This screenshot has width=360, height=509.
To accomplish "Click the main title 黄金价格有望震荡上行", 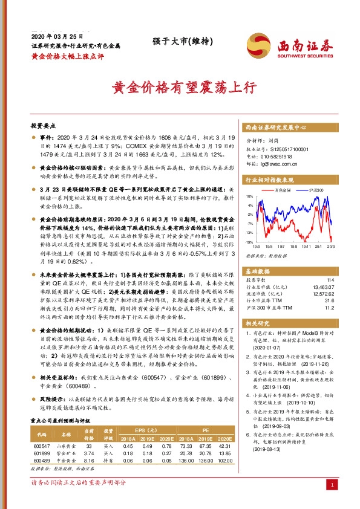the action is click(x=180, y=87).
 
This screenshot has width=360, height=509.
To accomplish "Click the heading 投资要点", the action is click(x=42, y=126).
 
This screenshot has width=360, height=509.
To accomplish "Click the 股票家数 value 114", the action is click(x=329, y=280).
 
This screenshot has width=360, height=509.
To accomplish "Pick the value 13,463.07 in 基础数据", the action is click(x=322, y=288).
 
